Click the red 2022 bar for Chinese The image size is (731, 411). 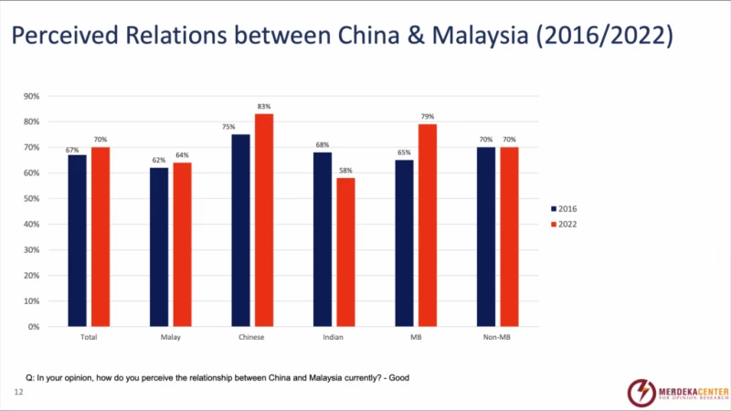pos(263,219)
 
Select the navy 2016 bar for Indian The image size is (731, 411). pos(323,238)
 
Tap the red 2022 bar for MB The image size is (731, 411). pos(427,225)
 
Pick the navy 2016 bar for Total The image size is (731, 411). pos(77,240)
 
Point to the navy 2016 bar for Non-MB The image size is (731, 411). pos(487,237)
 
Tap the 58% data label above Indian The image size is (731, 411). pos(345,171)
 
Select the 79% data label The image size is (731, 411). pos(427,117)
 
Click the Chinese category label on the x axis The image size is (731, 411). pos(251,338)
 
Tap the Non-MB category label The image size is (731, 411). pos(497,338)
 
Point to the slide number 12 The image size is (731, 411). pos(17,392)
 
